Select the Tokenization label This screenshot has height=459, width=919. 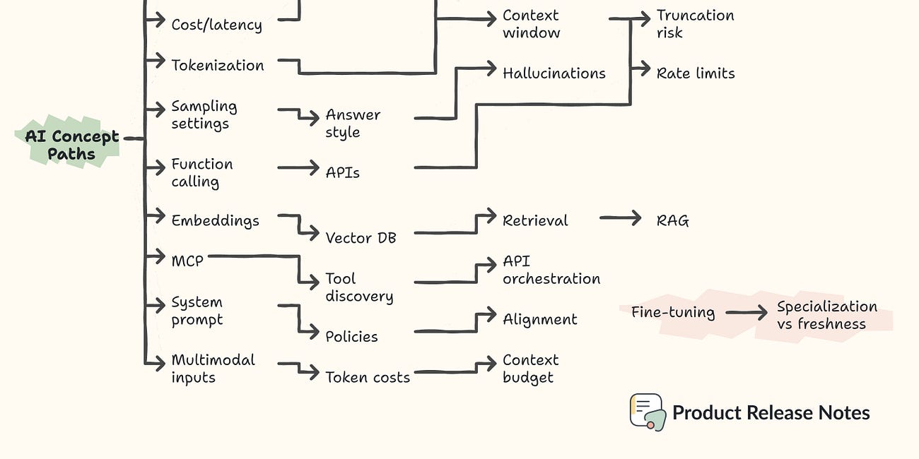pos(217,65)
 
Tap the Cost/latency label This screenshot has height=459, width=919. pos(216,25)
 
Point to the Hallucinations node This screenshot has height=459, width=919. pos(554,73)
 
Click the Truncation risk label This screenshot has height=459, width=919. pos(695,24)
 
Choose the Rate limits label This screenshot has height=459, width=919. pos(695,73)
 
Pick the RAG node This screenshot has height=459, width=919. pos(672,220)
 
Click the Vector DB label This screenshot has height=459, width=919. pos(361,238)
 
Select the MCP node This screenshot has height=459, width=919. pos(187,261)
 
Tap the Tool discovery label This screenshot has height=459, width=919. pos(358,287)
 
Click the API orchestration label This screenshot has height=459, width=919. pos(551,270)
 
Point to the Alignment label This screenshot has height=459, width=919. pos(539,319)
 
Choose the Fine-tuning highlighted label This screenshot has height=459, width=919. pos(672,312)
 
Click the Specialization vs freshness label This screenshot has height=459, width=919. pos(826,316)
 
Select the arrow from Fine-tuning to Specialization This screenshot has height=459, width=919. pos(746,312)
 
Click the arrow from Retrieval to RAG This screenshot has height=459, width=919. pos(620,220)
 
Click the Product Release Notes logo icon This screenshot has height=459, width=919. pos(647,412)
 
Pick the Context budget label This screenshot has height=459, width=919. pos(530,369)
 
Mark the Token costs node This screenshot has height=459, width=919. pos(367,377)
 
